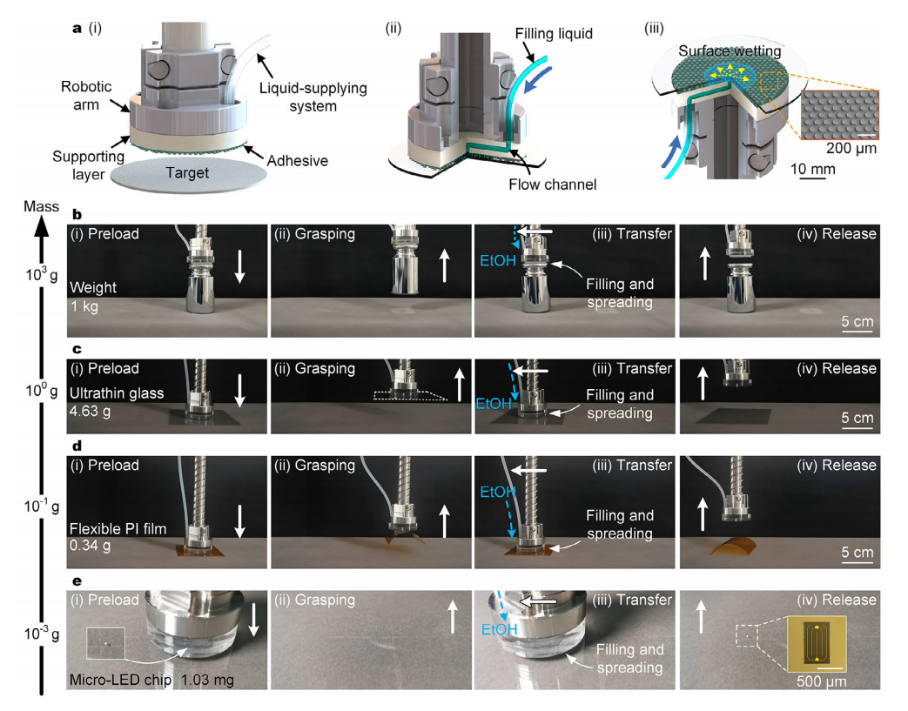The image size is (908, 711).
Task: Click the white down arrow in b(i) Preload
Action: (241, 265)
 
